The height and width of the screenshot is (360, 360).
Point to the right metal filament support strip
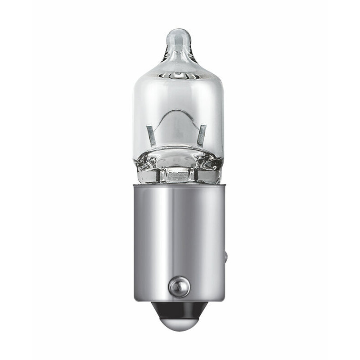pyautogui.click(x=202, y=135)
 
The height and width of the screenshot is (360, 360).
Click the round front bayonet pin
pyautogui.click(x=179, y=287)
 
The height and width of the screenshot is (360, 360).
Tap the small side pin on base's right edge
pyautogui.click(x=226, y=257)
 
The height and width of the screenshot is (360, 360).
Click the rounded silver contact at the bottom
pyautogui.click(x=179, y=322)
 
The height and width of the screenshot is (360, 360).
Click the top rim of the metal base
pyautogui.click(x=179, y=185)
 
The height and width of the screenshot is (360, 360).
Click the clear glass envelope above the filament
pyautogui.click(x=179, y=94)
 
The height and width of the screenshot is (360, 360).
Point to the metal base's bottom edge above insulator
pyautogui.click(x=179, y=300)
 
